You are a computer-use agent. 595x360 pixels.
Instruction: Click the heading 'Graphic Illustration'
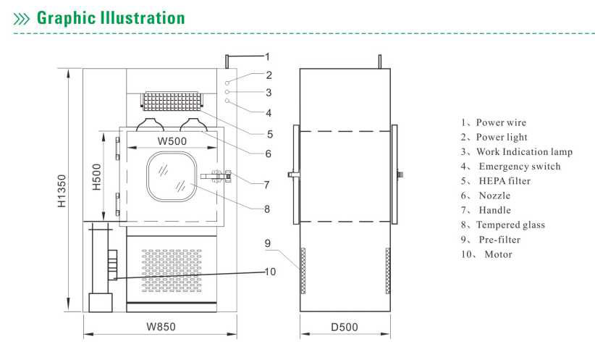(x=111, y=18)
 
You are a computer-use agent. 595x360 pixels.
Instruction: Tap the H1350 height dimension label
(x=62, y=191)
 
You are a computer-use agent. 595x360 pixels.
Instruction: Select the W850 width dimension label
(x=161, y=327)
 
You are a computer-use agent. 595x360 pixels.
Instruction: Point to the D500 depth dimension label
(x=344, y=327)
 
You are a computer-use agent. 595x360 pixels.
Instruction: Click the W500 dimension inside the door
(x=172, y=141)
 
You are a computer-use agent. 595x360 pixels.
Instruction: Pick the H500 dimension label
(x=97, y=177)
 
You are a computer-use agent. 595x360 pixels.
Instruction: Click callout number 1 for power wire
(x=267, y=57)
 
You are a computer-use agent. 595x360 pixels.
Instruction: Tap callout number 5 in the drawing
(x=270, y=134)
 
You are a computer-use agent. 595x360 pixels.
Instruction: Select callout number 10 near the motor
(x=270, y=272)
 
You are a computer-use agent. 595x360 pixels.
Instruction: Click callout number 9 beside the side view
(x=268, y=243)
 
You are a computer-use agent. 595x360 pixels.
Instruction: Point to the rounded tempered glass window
(x=172, y=177)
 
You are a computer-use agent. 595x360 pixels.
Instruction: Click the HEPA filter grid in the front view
(x=173, y=101)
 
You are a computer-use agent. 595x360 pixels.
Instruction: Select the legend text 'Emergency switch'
(x=520, y=167)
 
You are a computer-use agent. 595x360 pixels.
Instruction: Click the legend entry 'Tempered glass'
(x=510, y=225)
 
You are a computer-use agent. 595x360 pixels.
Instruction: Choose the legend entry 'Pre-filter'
(x=499, y=240)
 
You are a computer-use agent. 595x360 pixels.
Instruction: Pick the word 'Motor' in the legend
(x=498, y=254)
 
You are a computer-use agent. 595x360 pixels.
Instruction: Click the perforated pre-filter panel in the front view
(x=172, y=271)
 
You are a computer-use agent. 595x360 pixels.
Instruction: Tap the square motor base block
(x=100, y=303)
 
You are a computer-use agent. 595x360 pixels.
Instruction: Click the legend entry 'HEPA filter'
(x=505, y=181)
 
